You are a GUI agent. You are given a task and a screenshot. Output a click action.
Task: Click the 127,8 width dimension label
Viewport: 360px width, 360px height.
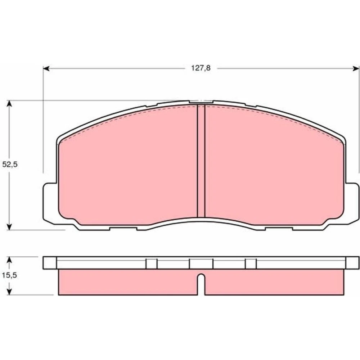click(x=201, y=68)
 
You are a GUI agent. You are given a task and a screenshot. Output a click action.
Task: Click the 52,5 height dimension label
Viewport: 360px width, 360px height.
click(x=10, y=165)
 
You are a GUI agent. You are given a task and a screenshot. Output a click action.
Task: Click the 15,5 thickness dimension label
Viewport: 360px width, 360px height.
click(x=9, y=275)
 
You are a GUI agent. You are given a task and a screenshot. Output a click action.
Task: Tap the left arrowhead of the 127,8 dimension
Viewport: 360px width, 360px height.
click(x=46, y=68)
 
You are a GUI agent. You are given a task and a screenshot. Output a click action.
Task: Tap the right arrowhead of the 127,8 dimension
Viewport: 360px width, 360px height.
click(x=356, y=68)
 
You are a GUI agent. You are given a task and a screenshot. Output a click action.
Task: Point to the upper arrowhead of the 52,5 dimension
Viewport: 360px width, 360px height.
click(x=9, y=104)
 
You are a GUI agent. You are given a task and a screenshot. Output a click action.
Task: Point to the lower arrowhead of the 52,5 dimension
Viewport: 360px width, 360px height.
click(x=9, y=226)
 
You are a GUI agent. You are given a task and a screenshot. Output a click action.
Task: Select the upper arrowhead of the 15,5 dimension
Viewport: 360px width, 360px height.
click(x=9, y=260)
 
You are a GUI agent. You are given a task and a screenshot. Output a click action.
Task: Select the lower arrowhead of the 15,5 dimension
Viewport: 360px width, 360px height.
click(x=9, y=292)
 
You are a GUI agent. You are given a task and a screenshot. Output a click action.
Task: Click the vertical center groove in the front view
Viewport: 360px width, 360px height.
click(x=201, y=161)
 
